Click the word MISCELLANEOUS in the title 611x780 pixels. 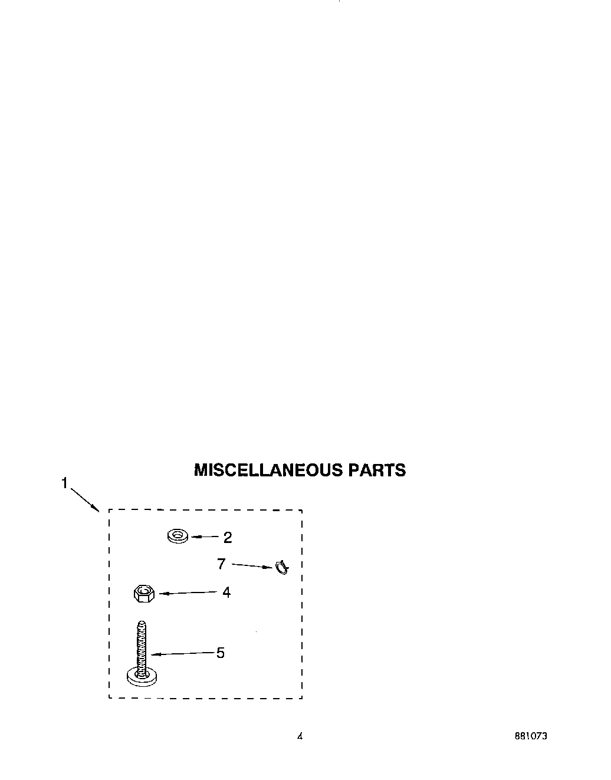(x=268, y=470)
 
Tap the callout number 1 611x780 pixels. (x=64, y=483)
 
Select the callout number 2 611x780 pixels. (x=228, y=537)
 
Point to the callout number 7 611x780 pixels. (x=221, y=564)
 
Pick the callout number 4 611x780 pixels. (x=226, y=592)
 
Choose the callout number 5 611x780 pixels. (x=221, y=653)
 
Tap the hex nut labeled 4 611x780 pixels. (x=143, y=593)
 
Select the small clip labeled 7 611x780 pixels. (x=282, y=568)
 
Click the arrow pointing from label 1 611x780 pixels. (x=85, y=499)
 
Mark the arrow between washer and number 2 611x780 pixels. (x=205, y=537)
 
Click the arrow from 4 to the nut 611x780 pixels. (x=188, y=593)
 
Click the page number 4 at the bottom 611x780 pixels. (x=300, y=736)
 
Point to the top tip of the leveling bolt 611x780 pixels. (x=142, y=624)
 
